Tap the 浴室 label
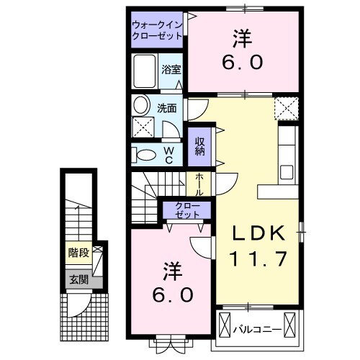(x=171, y=71)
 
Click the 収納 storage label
(x=199, y=147)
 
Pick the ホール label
(x=199, y=184)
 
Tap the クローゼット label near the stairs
(x=187, y=210)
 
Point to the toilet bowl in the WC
(x=146, y=153)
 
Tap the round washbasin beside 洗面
(x=141, y=105)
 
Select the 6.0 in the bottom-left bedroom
(x=171, y=295)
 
